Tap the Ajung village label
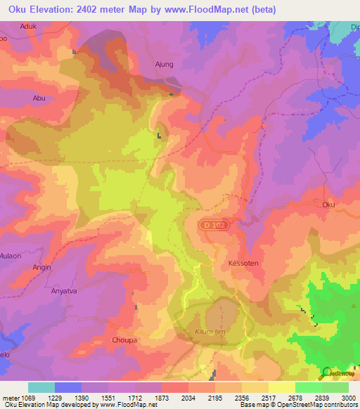click(x=163, y=64)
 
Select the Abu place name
click(x=39, y=98)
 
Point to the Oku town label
click(x=328, y=204)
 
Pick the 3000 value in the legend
click(x=348, y=398)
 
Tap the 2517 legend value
click(x=269, y=398)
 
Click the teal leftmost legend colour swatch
click(x=41, y=387)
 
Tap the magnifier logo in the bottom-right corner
click(x=326, y=372)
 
